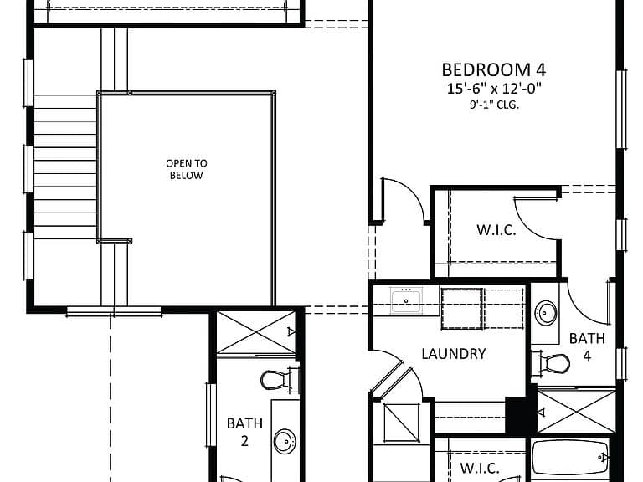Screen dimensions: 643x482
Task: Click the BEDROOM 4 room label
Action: pyautogui.click(x=494, y=70)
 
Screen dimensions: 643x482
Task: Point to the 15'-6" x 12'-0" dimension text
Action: pyautogui.click(x=494, y=88)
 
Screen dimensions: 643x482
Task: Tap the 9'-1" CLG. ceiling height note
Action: pyautogui.click(x=494, y=105)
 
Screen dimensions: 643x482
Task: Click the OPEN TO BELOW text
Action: pyautogui.click(x=187, y=169)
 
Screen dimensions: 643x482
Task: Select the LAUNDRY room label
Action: pyautogui.click(x=454, y=354)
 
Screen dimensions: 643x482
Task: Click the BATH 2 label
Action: pyautogui.click(x=244, y=432)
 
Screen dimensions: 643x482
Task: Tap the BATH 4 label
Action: pyautogui.click(x=587, y=346)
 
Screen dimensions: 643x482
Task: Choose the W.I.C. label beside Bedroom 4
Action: pyautogui.click(x=496, y=230)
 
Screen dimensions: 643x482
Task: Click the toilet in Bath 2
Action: pyautogui.click(x=280, y=380)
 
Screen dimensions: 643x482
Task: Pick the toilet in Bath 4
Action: pyautogui.click(x=551, y=363)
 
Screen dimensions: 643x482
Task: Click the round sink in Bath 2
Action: pyautogui.click(x=285, y=441)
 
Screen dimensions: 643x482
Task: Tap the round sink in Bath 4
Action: pyautogui.click(x=546, y=313)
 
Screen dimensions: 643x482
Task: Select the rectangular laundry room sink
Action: pyautogui.click(x=406, y=300)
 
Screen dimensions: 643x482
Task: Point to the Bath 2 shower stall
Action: pyautogui.click(x=255, y=332)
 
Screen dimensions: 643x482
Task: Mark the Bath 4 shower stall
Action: pyautogui.click(x=576, y=411)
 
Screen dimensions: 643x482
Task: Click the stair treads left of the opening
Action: pyautogui.click(x=65, y=167)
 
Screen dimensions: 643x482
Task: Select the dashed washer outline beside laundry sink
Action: pyautogui.click(x=461, y=308)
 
